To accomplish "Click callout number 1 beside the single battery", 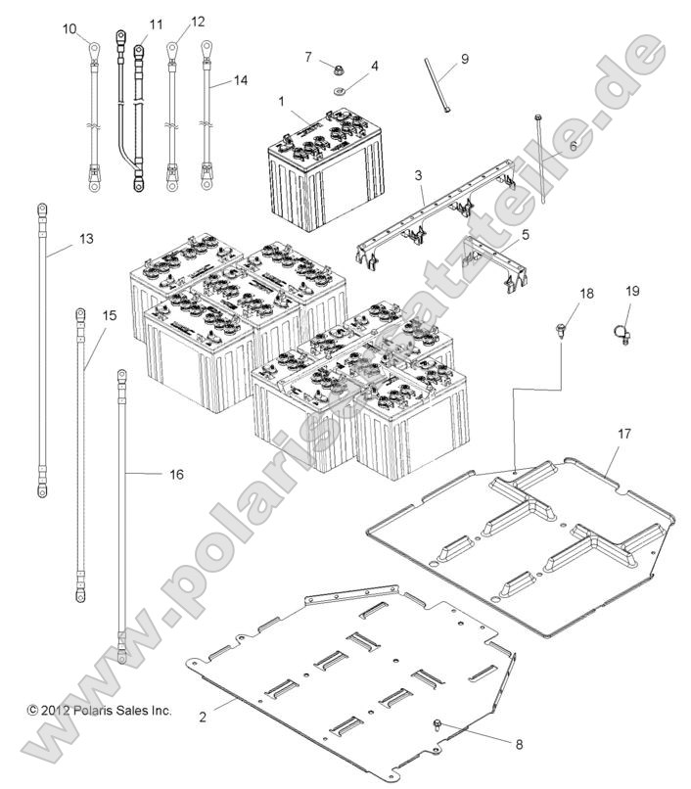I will (281, 101).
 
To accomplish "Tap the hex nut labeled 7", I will (335, 70).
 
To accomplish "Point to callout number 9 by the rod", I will (464, 59).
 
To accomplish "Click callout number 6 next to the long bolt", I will (574, 145).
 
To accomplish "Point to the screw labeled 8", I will (438, 725).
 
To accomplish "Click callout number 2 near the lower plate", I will (203, 717).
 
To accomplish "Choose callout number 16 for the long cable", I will (176, 474).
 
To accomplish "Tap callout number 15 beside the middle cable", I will (109, 315).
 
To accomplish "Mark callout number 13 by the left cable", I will (86, 238).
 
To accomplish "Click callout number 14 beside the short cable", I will (241, 81).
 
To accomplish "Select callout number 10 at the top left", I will (69, 28).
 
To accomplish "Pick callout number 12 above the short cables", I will (198, 21).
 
